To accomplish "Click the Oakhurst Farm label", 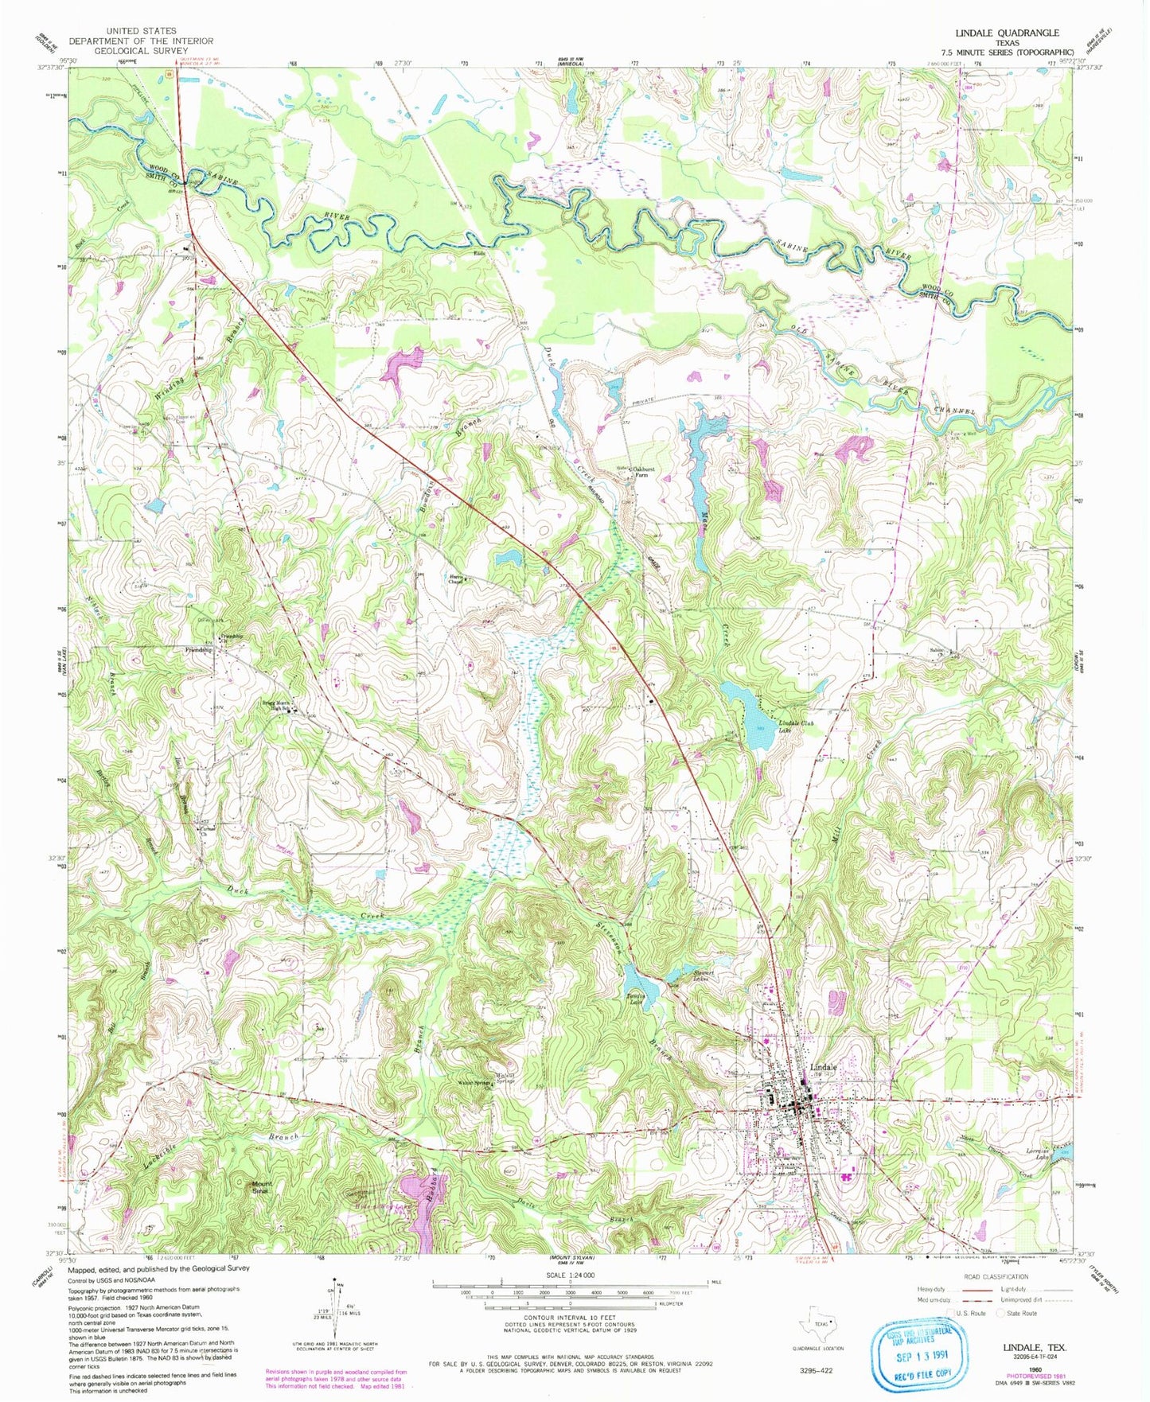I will [x=645, y=471].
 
